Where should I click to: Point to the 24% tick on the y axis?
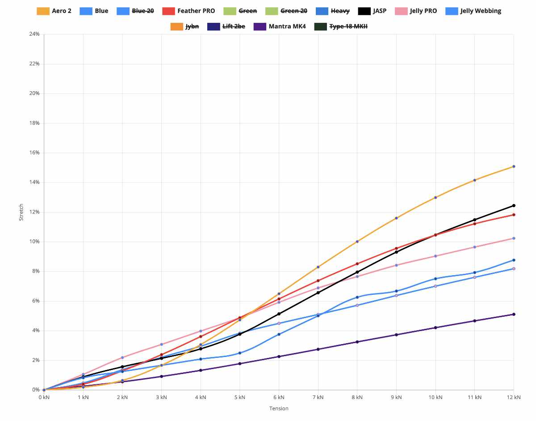point(34,34)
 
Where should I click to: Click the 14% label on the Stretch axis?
point(34,182)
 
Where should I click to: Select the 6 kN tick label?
point(279,397)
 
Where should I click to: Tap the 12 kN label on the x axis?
point(514,397)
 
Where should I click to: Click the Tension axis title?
point(279,408)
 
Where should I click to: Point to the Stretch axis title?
point(21,212)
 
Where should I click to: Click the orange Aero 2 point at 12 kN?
point(514,166)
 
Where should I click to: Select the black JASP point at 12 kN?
point(514,205)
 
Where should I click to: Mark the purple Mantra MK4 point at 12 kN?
point(514,314)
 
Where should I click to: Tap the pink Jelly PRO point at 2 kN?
point(122,357)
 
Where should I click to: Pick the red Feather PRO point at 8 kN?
point(357,264)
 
